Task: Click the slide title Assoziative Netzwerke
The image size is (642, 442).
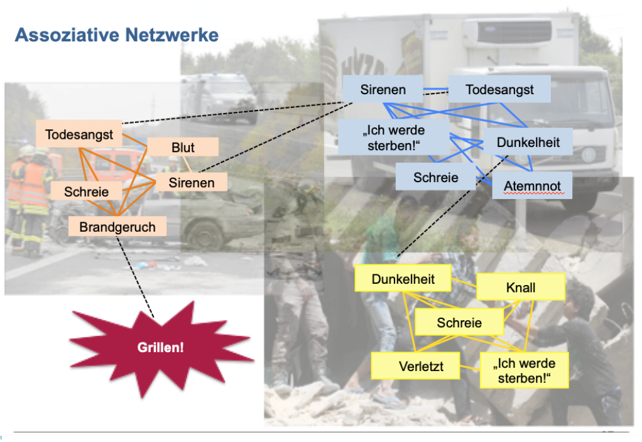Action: [x=116, y=35]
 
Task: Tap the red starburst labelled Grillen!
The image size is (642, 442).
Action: [x=160, y=347]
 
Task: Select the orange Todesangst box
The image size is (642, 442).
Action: [x=79, y=135]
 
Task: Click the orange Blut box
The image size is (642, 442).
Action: [x=183, y=148]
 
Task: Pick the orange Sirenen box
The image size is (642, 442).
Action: [x=191, y=183]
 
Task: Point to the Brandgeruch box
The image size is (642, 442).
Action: [x=117, y=227]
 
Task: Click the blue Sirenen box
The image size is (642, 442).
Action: [x=383, y=90]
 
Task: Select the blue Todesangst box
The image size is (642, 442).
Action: [x=499, y=90]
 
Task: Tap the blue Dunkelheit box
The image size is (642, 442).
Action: [x=528, y=143]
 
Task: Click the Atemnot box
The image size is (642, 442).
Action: [x=532, y=186]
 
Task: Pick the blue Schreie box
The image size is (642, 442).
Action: [x=435, y=178]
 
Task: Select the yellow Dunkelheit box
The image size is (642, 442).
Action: [x=403, y=279]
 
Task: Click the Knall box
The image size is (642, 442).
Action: [x=520, y=288]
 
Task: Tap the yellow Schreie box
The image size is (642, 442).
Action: [x=459, y=323]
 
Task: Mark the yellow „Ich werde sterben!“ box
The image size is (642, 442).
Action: [x=523, y=370]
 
